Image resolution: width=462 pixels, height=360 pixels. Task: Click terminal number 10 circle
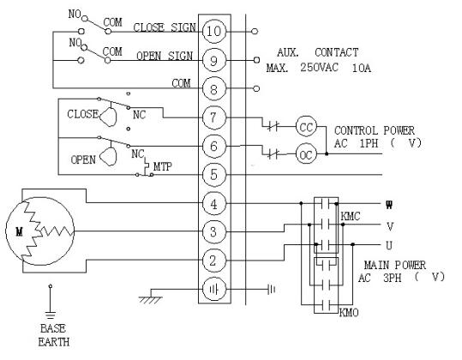click(x=214, y=31)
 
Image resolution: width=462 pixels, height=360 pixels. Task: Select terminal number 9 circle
click(x=214, y=60)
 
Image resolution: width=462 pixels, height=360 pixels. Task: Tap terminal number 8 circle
click(x=214, y=88)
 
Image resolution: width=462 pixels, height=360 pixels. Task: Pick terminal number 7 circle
click(x=214, y=117)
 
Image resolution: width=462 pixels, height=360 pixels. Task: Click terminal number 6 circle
click(x=214, y=146)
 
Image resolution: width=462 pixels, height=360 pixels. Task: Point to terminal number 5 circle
click(x=214, y=175)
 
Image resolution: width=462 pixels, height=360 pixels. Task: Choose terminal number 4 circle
click(x=214, y=203)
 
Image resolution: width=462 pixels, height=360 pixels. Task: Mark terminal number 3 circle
click(x=214, y=231)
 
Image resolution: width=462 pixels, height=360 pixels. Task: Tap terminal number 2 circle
click(x=214, y=261)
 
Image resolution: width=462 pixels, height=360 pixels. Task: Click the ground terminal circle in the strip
click(x=214, y=290)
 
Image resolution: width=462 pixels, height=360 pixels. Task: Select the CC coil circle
click(x=306, y=127)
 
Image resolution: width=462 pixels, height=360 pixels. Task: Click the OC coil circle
click(x=306, y=153)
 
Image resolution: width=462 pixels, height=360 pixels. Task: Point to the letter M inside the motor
click(x=19, y=231)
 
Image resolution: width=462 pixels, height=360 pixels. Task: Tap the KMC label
click(x=351, y=217)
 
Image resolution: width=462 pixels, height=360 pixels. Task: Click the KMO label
click(x=349, y=312)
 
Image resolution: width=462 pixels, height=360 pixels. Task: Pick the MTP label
click(x=162, y=166)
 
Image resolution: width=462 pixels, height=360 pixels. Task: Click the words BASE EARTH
click(x=53, y=335)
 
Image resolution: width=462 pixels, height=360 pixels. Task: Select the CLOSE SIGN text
click(x=165, y=27)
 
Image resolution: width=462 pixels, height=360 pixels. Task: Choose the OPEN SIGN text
click(x=165, y=56)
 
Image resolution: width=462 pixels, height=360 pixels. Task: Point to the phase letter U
click(x=389, y=245)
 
